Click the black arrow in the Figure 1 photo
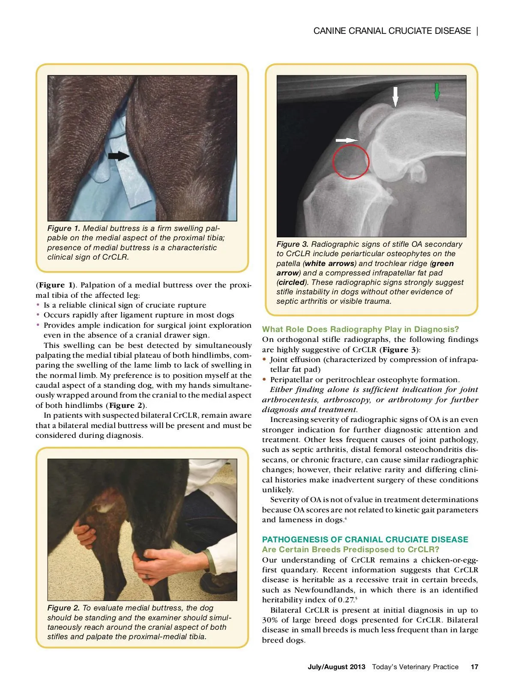pos(118,156)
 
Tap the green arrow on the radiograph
pos(437,91)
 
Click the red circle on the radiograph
pos(351,162)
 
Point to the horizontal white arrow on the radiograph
pos(347,140)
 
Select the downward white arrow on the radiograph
pos(395,96)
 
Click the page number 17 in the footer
pos(474,667)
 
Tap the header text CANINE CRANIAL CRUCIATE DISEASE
pos(392,31)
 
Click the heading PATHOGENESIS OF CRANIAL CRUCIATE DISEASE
pos(365,539)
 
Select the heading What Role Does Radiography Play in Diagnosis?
pos(360,329)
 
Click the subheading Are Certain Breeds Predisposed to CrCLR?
pos(350,549)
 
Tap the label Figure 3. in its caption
pos(293,244)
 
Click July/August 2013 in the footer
pos(336,667)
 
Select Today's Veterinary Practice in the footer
pos(415,667)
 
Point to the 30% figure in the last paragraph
pos(270,620)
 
